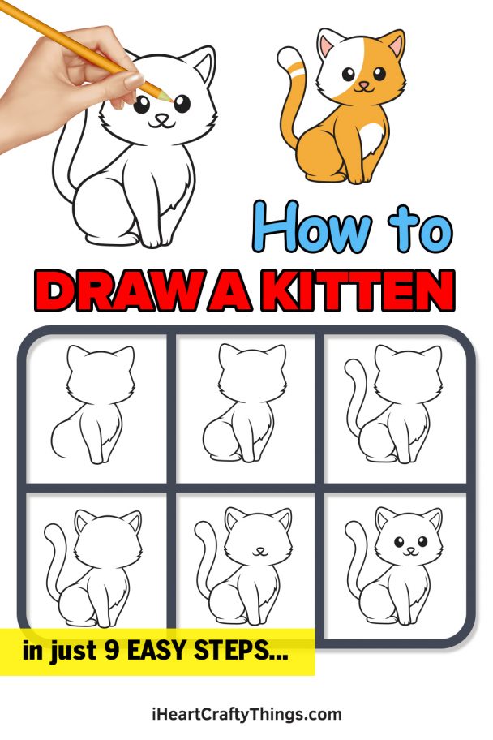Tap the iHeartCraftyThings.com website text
coord(246,715)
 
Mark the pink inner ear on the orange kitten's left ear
coord(328,46)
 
